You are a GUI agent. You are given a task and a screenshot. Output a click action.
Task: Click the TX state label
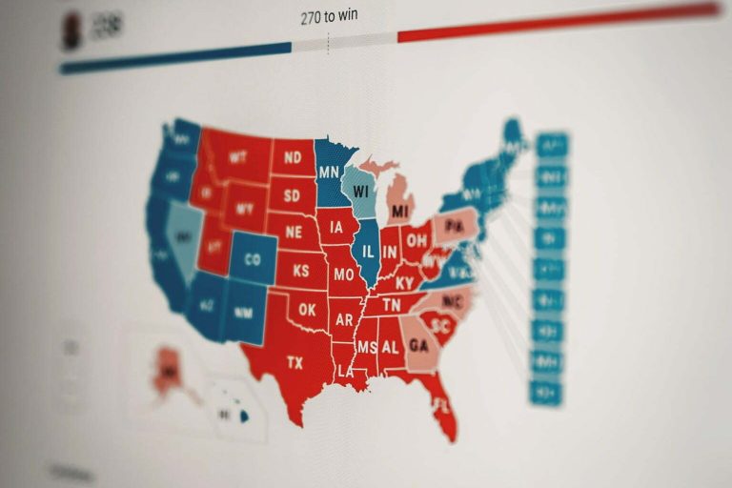click(294, 363)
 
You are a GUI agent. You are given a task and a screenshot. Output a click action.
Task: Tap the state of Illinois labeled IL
click(368, 254)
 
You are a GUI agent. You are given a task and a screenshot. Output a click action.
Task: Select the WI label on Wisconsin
click(360, 191)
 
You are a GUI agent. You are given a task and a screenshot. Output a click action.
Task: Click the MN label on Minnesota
click(329, 173)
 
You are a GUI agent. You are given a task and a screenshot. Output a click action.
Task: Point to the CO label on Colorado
click(253, 259)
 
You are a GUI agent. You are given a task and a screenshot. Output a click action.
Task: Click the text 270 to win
click(329, 16)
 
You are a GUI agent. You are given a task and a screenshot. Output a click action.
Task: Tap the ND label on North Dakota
click(293, 157)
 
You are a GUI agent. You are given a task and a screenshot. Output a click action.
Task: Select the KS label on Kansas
click(300, 272)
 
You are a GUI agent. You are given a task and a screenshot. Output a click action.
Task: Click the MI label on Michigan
click(400, 210)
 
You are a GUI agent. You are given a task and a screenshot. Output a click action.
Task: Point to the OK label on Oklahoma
click(307, 310)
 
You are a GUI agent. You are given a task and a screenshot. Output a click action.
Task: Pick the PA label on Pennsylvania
click(456, 226)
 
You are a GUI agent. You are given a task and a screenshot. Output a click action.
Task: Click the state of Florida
click(440, 405)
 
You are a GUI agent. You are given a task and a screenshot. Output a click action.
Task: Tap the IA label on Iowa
click(337, 228)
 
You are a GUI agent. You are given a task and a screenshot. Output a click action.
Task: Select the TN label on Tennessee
click(392, 304)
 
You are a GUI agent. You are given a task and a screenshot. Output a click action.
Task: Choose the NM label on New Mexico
click(243, 312)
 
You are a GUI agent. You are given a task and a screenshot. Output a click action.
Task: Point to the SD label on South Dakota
click(292, 195)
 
